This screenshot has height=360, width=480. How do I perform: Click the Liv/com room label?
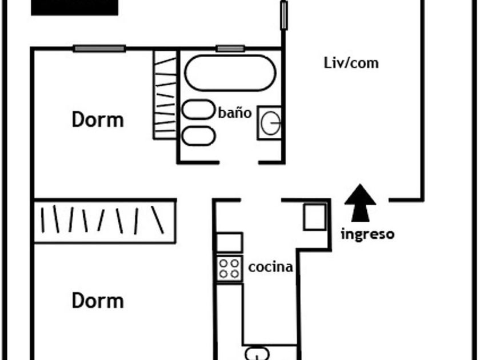point(351,63)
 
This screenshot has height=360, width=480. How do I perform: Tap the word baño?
point(234,113)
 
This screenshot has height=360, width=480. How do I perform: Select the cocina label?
point(270,267)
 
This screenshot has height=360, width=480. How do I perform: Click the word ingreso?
point(367,234)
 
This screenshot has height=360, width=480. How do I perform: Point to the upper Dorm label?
point(98,120)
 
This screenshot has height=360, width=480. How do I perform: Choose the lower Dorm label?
point(98,301)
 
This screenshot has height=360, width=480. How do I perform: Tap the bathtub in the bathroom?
point(230,73)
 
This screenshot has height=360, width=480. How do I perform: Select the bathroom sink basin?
point(270,122)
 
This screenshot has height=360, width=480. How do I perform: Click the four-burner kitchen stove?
point(229,267)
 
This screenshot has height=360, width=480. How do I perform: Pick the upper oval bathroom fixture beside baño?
point(198,109)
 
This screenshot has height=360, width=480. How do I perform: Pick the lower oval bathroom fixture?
point(198,135)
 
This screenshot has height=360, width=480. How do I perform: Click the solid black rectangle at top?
point(74,7)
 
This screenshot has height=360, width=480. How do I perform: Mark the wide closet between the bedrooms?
point(105,221)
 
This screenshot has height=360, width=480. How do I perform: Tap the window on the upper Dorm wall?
point(99,49)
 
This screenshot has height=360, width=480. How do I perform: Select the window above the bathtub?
point(230,49)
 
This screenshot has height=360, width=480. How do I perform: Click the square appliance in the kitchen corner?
point(315,217)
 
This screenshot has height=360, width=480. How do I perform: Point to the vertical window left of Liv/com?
point(283,15)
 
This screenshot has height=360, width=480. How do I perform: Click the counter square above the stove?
point(229,242)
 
